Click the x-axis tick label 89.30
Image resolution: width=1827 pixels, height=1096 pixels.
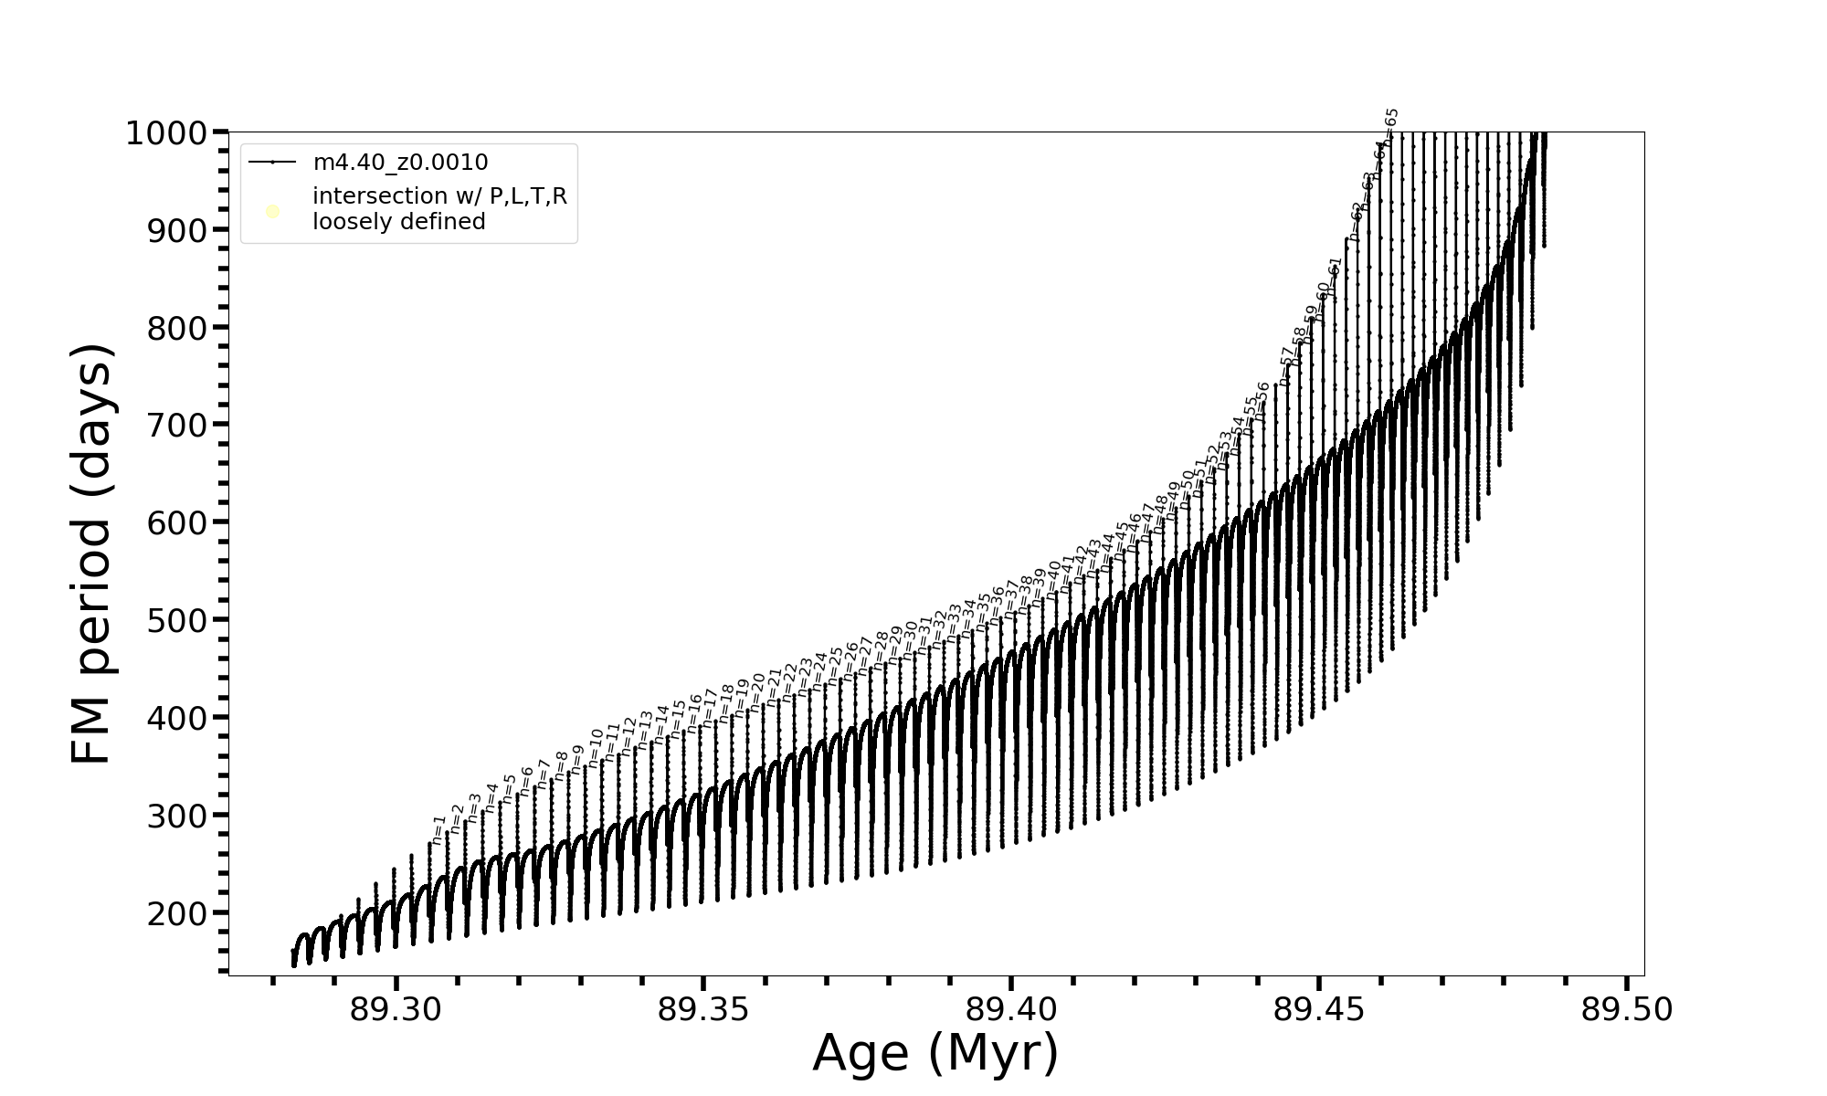[396, 1010]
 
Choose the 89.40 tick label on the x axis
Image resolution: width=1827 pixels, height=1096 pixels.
[1011, 1010]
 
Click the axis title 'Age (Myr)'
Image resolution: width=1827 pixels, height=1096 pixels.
[935, 1053]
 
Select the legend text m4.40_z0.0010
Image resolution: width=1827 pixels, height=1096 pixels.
[400, 163]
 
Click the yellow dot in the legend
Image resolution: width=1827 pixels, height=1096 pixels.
[272, 212]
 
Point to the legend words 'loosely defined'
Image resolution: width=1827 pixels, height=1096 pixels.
[398, 222]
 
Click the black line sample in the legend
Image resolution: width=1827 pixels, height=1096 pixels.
[272, 163]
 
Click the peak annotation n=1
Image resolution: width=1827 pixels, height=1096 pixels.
[438, 830]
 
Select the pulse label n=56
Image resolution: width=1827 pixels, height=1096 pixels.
[1261, 401]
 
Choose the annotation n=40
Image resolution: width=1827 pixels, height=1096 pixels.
[1053, 578]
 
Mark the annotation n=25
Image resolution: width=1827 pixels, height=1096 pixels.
[835, 666]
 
